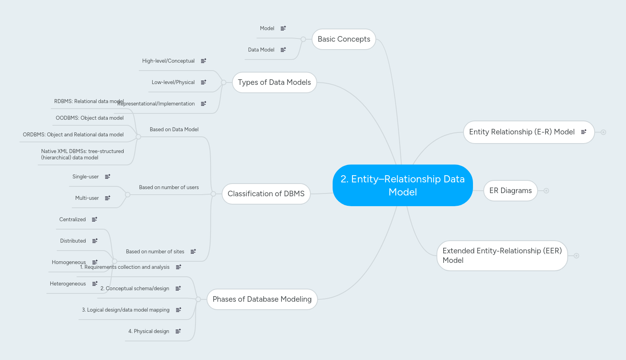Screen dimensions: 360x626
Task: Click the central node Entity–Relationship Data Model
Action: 402,185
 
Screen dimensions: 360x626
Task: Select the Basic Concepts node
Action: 344,39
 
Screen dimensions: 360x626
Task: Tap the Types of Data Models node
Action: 274,82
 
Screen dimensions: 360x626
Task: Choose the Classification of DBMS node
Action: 266,194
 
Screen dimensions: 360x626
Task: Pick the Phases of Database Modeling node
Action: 262,299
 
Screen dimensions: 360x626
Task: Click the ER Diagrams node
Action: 510,191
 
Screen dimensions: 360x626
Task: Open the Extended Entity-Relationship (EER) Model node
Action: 502,256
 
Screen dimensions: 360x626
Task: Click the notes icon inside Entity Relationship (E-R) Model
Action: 584,132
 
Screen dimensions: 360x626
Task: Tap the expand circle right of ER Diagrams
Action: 546,191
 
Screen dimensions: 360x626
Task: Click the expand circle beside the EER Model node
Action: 576,256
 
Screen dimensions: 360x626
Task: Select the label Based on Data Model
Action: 174,130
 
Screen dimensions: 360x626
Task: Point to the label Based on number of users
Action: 169,188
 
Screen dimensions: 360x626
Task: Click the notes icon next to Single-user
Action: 107,177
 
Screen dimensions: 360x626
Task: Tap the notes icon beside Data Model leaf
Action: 283,50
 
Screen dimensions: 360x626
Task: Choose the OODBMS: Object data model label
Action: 90,118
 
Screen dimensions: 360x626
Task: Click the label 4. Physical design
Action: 149,331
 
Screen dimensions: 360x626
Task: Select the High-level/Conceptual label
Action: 168,61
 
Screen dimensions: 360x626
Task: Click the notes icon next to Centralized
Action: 94,220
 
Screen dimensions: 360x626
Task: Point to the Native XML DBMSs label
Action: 82,154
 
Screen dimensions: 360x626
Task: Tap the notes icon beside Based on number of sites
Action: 193,252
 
